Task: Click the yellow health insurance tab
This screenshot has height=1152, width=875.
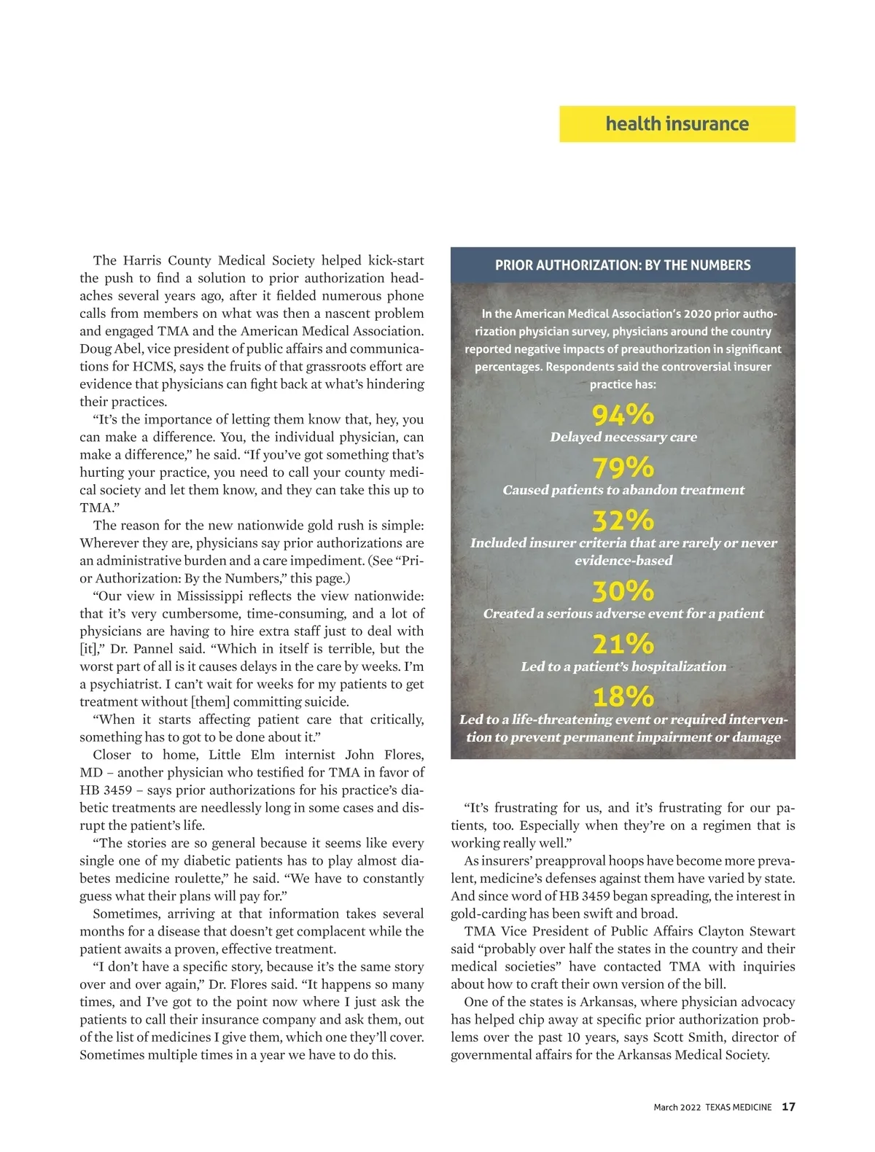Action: pos(677,124)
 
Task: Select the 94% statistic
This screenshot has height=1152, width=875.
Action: pos(623,415)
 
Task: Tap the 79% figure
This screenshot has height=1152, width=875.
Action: pos(623,467)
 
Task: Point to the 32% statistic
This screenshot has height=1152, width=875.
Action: pos(623,521)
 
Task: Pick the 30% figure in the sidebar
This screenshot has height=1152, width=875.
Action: pos(623,591)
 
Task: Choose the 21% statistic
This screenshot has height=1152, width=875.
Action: pos(623,644)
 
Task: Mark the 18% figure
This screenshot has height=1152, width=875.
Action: pos(623,697)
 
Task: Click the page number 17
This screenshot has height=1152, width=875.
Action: pos(788,1107)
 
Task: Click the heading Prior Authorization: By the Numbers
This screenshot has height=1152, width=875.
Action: pos(623,265)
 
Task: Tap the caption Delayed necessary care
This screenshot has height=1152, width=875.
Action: pos(623,437)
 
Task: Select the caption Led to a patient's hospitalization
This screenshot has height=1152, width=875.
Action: pos(623,666)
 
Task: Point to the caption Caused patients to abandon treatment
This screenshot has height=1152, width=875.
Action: pos(623,490)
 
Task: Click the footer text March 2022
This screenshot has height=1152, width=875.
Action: pos(677,1108)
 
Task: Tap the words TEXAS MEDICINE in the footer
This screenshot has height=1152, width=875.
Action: pos(738,1108)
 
